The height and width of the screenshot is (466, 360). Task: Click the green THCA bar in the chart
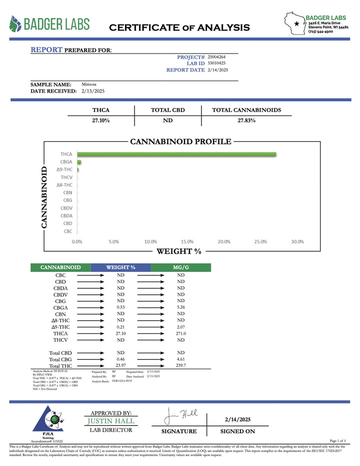pos(176,155)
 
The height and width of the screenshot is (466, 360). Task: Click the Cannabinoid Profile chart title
pos(180,142)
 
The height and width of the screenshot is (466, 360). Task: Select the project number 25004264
pos(216,57)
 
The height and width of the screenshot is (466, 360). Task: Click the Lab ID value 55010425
pos(216,64)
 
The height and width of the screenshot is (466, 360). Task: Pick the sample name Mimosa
pos(89,85)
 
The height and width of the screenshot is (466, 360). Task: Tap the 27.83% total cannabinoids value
pos(246,121)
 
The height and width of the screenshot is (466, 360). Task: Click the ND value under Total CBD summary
pos(168,121)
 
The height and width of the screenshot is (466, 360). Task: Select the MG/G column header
pos(180,268)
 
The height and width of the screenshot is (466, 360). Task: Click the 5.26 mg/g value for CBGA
pos(180,307)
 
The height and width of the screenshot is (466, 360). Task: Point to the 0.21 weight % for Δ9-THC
pos(120,326)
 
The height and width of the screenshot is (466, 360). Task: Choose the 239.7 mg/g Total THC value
pos(180,365)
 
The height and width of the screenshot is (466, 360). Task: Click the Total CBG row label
pos(60,359)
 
